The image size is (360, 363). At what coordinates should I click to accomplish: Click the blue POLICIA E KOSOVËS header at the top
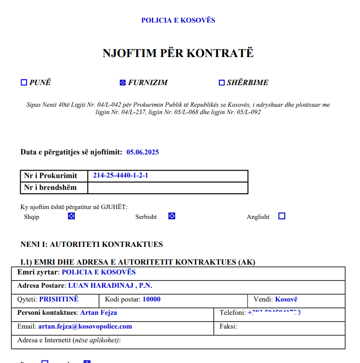click(x=178, y=20)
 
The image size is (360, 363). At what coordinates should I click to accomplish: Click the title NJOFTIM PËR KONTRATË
click(x=178, y=53)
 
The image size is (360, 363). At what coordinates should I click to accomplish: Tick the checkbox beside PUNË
click(x=24, y=83)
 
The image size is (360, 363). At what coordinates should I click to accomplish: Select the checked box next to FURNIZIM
click(x=122, y=83)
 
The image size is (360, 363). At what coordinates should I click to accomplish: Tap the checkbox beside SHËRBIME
click(x=221, y=83)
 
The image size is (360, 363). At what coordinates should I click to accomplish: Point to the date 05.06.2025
click(x=143, y=152)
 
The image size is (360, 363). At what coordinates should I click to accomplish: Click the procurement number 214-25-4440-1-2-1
click(x=120, y=176)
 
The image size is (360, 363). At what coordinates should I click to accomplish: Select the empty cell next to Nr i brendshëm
click(x=167, y=187)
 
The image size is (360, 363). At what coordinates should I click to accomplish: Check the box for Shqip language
click(x=71, y=216)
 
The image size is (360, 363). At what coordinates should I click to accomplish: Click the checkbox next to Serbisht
click(x=172, y=216)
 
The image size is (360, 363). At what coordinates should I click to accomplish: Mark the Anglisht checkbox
click(x=282, y=216)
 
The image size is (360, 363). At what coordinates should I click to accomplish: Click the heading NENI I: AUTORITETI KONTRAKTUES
click(x=91, y=244)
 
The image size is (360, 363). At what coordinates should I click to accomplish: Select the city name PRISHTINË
click(x=59, y=299)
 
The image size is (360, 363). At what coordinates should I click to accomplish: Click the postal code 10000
click(x=151, y=299)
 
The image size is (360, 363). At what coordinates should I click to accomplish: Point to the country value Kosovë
click(x=286, y=299)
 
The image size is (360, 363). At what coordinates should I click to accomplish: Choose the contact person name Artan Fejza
click(x=98, y=312)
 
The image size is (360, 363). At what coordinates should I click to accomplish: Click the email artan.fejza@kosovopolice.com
click(x=85, y=326)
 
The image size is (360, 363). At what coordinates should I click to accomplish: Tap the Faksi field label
click(x=228, y=326)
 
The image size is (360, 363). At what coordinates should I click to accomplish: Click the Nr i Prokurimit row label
click(x=51, y=176)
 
